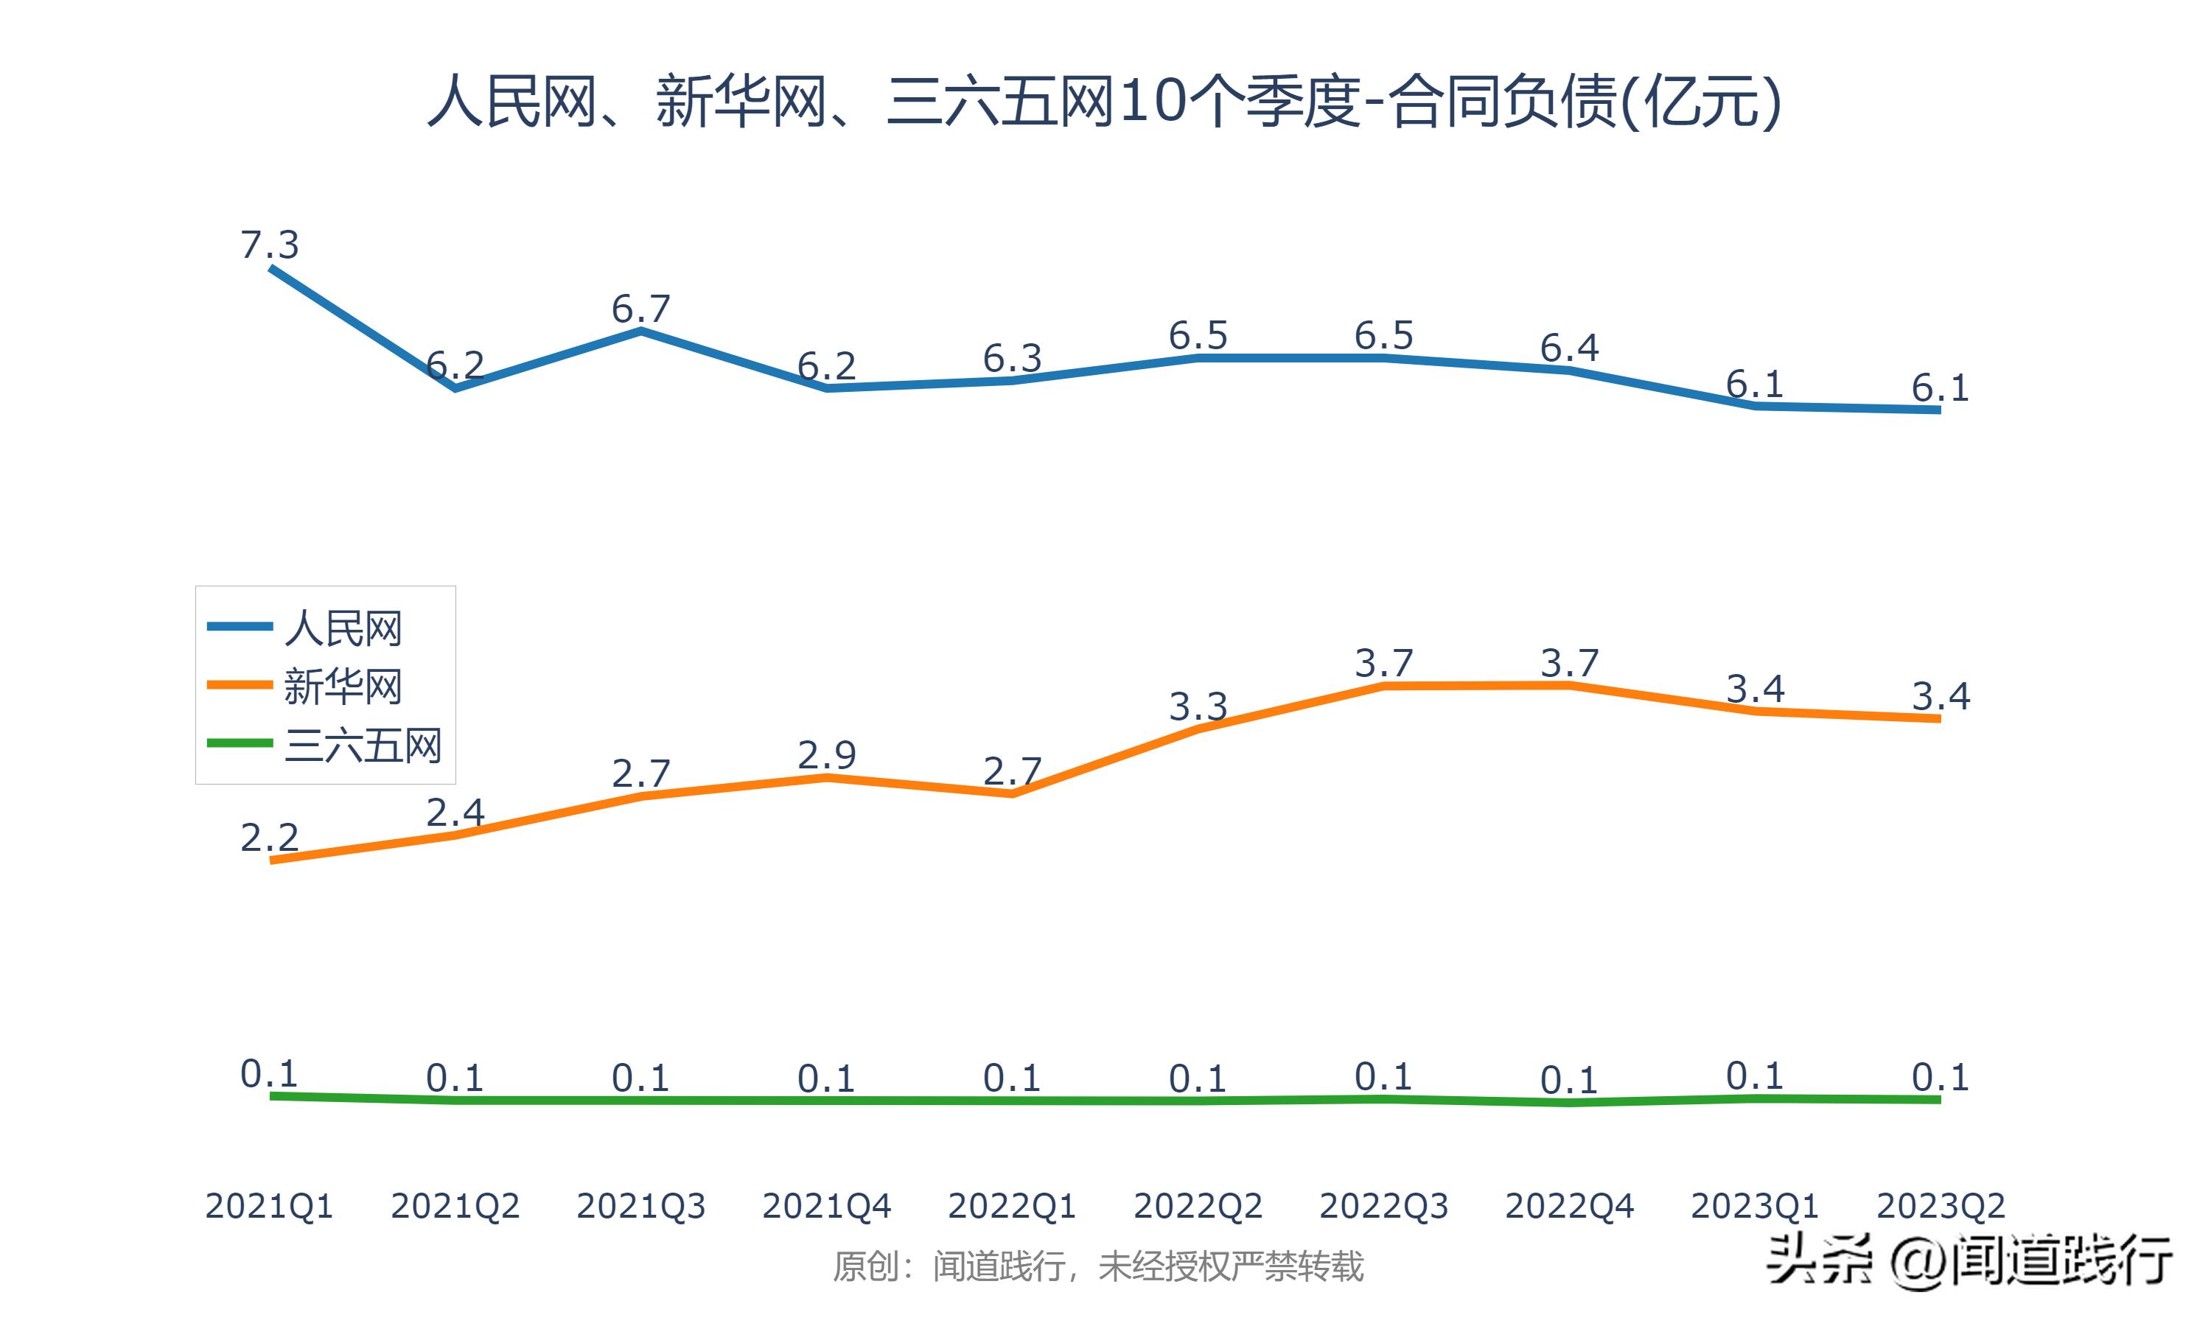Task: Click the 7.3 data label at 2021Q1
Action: tap(269, 245)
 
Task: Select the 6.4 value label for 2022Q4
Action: tap(1569, 348)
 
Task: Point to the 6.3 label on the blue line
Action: tap(1013, 358)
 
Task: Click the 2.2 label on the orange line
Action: tap(269, 838)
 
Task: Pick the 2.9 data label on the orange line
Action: tap(827, 755)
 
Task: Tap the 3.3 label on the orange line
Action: tap(1198, 706)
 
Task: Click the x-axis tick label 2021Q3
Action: tap(640, 1206)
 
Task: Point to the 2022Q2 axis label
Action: tap(1198, 1206)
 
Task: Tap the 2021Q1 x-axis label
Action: tap(269, 1206)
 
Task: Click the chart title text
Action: tap(1105, 101)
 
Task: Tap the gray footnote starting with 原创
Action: tap(1098, 1266)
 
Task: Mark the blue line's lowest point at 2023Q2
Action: tap(1938, 410)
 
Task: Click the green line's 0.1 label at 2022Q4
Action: tap(1569, 1080)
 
